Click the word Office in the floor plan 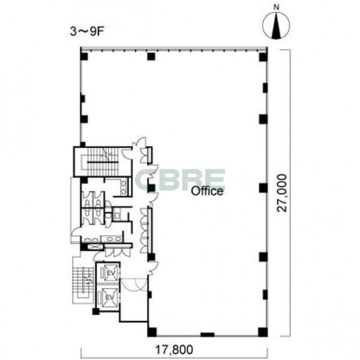tap(207, 191)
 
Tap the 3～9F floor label tap(86, 32)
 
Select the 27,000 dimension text tap(282, 193)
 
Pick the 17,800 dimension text tap(174, 349)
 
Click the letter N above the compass tap(277, 7)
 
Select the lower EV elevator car tap(110, 298)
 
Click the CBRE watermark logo tap(181, 179)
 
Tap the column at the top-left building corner tap(84, 56)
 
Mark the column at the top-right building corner tap(263, 57)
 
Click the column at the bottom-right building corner tap(263, 332)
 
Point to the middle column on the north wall tap(151, 56)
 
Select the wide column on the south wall tap(207, 334)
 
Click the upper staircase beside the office tap(103, 162)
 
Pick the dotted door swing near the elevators tap(134, 285)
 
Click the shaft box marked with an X tap(95, 247)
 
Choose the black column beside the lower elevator tap(96, 312)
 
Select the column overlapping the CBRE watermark tap(151, 188)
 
